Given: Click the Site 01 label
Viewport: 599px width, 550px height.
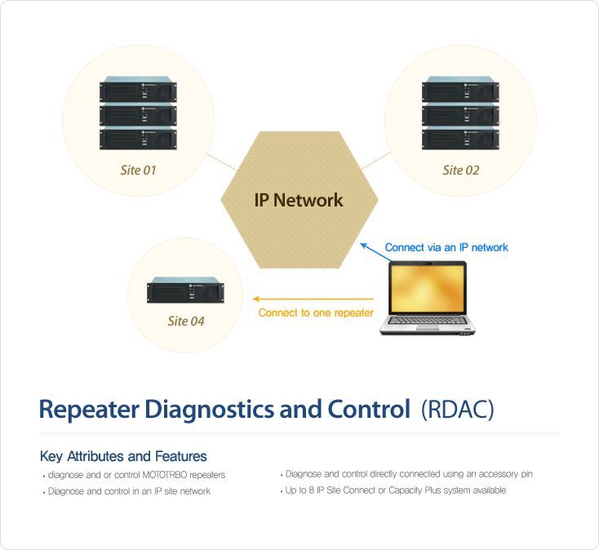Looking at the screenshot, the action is pyautogui.click(x=138, y=170).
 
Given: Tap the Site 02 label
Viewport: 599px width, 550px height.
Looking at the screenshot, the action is pyautogui.click(x=461, y=170).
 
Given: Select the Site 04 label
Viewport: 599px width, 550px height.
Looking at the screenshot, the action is pyautogui.click(x=186, y=321).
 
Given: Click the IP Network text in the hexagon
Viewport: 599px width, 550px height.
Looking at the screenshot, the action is pyautogui.click(x=299, y=200).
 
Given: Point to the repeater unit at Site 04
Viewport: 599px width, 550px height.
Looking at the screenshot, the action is pyautogui.click(x=186, y=291).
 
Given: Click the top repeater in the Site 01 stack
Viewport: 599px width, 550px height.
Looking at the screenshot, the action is pyautogui.click(x=138, y=89).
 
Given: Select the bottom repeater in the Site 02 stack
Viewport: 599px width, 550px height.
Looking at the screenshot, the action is pyautogui.click(x=460, y=137).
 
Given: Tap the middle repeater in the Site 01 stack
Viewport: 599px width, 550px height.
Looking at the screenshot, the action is pyautogui.click(x=138, y=114).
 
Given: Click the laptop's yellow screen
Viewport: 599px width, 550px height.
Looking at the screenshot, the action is pyautogui.click(x=428, y=289).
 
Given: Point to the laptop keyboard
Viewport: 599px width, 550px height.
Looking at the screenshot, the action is pyautogui.click(x=428, y=321).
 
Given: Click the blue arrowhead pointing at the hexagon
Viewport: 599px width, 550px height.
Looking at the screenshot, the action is pyautogui.click(x=364, y=246).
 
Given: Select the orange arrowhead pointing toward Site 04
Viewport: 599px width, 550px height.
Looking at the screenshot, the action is pyautogui.click(x=256, y=299).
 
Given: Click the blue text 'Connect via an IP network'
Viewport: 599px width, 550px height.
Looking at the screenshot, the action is pyautogui.click(x=446, y=247).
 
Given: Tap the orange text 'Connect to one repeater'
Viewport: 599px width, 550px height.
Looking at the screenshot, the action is pyautogui.click(x=316, y=313).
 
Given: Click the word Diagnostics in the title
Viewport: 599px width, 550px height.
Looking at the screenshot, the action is pyautogui.click(x=210, y=410).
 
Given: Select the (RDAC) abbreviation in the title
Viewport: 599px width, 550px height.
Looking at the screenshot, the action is pyautogui.click(x=458, y=410).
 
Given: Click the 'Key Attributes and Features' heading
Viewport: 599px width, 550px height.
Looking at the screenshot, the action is pyautogui.click(x=123, y=456).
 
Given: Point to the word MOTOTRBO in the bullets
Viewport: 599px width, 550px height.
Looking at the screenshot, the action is pyautogui.click(x=165, y=475).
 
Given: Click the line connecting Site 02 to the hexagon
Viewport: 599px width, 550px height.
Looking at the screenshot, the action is pyautogui.click(x=376, y=161).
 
